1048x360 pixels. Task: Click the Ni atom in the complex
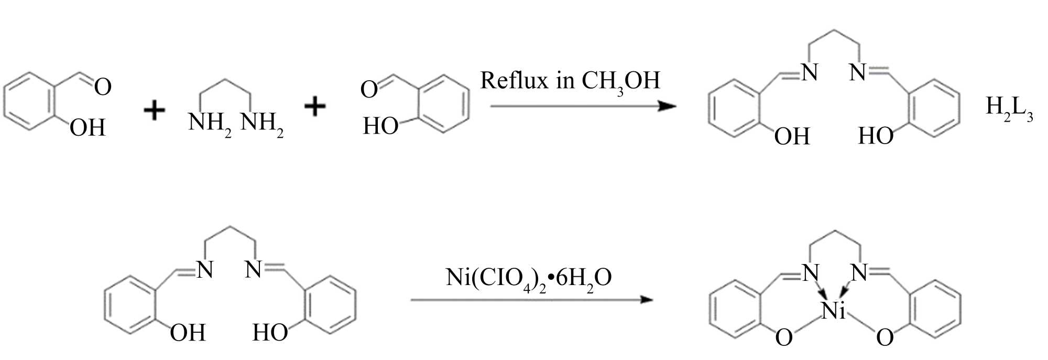(x=833, y=311)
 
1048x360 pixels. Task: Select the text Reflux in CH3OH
(x=570, y=82)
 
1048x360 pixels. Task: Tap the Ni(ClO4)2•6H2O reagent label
(x=529, y=278)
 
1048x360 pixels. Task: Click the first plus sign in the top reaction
(x=155, y=111)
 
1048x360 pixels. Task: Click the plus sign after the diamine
(x=315, y=107)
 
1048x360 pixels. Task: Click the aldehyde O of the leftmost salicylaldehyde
(x=103, y=87)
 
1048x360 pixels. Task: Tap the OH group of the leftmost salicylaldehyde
(x=88, y=128)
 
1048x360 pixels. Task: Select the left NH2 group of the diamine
(x=209, y=124)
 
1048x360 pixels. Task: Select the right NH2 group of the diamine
(x=261, y=124)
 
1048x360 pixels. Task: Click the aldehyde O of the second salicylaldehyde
(x=369, y=90)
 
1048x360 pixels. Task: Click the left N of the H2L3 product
(x=810, y=73)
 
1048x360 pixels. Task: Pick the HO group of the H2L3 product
(x=875, y=136)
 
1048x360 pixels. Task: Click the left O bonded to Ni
(x=784, y=338)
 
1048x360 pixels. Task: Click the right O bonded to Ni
(x=885, y=338)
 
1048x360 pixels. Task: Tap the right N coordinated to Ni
(x=859, y=273)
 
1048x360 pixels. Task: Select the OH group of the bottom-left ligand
(x=188, y=333)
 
